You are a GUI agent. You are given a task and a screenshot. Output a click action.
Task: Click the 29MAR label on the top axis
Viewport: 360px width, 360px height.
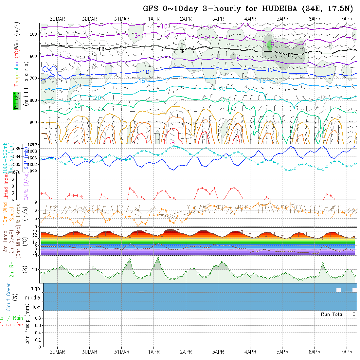point(57,19)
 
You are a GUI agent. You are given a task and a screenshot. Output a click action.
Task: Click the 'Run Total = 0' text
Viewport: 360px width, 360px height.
point(338,314)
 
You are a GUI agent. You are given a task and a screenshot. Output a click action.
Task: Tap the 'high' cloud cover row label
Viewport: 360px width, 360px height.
point(35,288)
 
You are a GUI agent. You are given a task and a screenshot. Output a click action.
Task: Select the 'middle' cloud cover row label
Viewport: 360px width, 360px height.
point(32,298)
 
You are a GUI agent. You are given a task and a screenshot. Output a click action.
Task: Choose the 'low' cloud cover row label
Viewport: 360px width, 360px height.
point(36,307)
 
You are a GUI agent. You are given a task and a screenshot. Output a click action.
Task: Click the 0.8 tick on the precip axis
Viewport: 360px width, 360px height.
point(37,318)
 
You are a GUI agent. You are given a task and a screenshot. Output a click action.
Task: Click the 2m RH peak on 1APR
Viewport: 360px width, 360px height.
point(158,258)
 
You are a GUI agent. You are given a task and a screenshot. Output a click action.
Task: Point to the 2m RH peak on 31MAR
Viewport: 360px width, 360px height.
point(130,260)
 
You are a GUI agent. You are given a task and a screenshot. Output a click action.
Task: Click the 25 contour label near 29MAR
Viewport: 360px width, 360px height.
point(78,106)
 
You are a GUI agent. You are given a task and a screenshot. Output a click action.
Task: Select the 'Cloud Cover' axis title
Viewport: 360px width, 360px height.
point(9,297)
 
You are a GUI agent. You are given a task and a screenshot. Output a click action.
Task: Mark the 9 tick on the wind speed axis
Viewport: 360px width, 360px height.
point(37,202)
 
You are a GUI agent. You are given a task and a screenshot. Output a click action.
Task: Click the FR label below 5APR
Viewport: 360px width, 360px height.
point(290,55)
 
